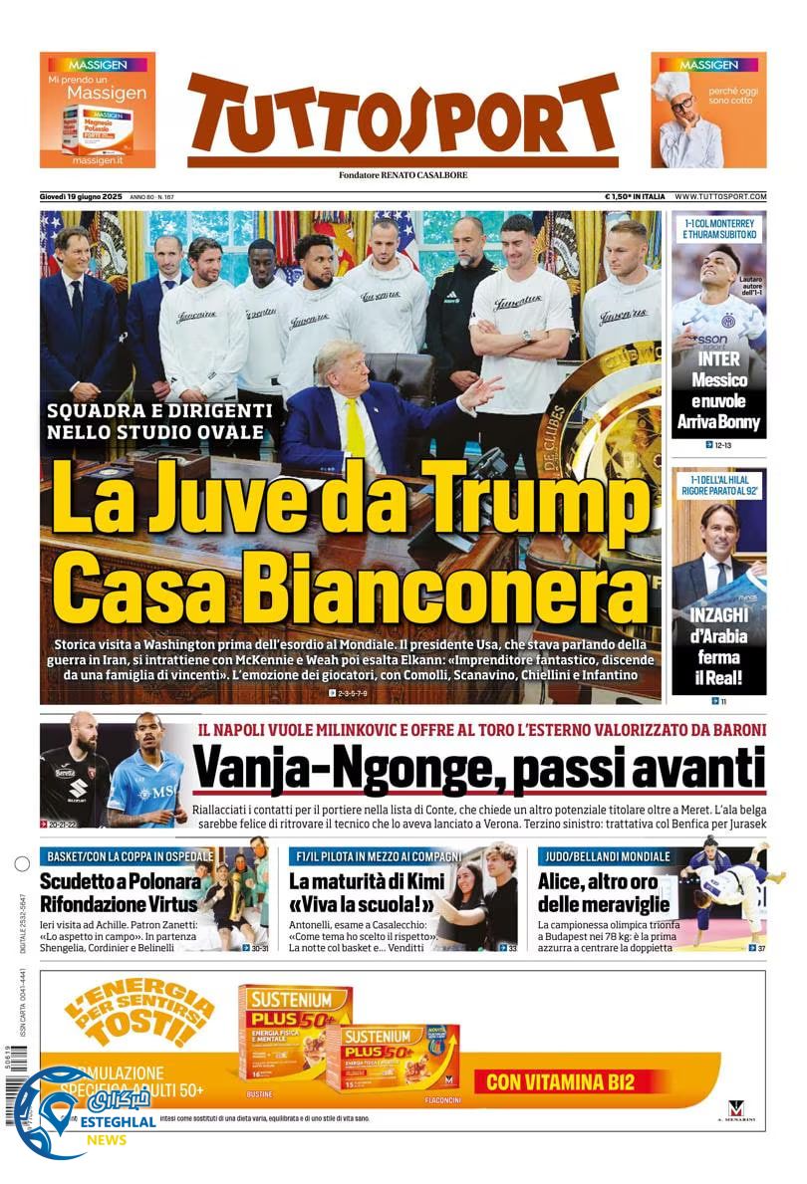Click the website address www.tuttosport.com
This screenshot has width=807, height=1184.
(x=720, y=197)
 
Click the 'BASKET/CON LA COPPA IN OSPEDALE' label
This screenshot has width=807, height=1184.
(x=128, y=856)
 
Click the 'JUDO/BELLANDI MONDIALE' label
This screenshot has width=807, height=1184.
(x=605, y=856)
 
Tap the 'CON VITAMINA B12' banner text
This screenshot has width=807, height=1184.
(x=560, y=1081)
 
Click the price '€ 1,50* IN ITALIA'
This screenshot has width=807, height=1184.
(x=635, y=197)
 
